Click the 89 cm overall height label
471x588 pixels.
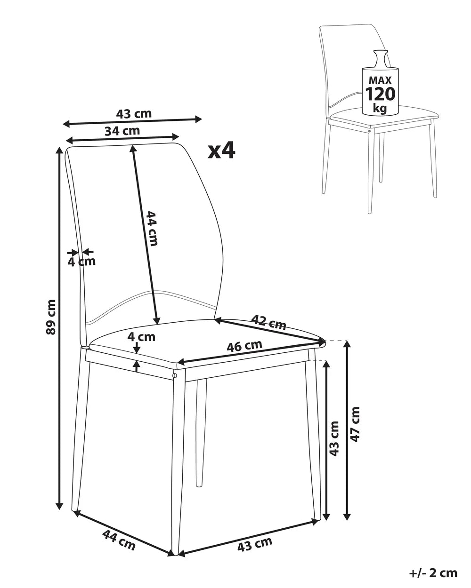(51, 317)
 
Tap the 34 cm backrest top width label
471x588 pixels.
(122, 131)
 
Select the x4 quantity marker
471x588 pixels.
(221, 151)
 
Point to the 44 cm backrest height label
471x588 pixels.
(152, 228)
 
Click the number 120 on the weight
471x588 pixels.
(381, 94)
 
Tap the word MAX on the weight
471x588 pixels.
(380, 80)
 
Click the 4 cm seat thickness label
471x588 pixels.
(141, 337)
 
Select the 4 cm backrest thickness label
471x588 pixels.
(81, 262)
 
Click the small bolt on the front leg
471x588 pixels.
(174, 376)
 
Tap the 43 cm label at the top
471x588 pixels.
(134, 114)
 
